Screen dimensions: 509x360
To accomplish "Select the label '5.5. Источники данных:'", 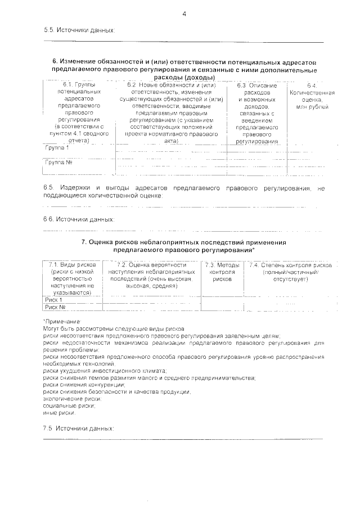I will (x=79, y=30).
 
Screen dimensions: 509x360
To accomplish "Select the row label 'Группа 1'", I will (x=57, y=148).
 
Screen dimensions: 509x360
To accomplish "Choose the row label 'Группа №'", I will (x=59, y=162).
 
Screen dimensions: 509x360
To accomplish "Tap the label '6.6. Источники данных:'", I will (x=79, y=218).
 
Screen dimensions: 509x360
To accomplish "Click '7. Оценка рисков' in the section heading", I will (x=111, y=242).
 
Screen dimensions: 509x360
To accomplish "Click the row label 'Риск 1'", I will (x=54, y=300).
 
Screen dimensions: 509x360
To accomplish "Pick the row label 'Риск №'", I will (x=56, y=308).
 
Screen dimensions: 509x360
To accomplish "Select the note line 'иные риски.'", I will (x=59, y=412).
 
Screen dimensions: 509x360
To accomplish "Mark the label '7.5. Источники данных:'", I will (x=78, y=428).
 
